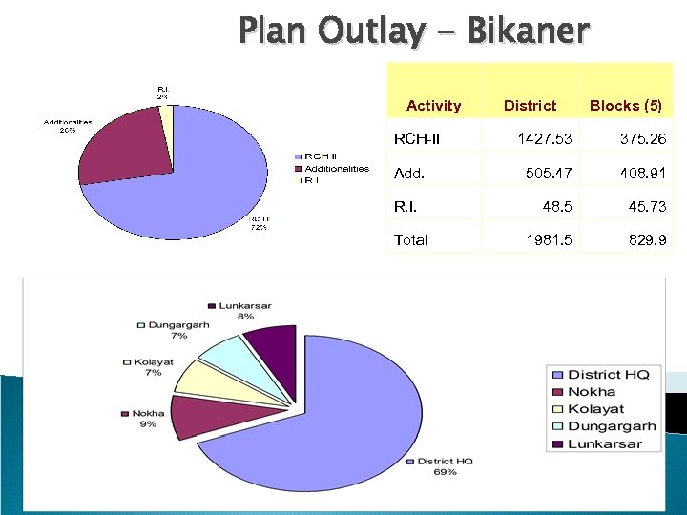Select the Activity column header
click(433, 106)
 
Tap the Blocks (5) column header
click(625, 106)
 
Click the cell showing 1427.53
click(544, 139)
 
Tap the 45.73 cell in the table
click(647, 206)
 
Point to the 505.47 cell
click(549, 174)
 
